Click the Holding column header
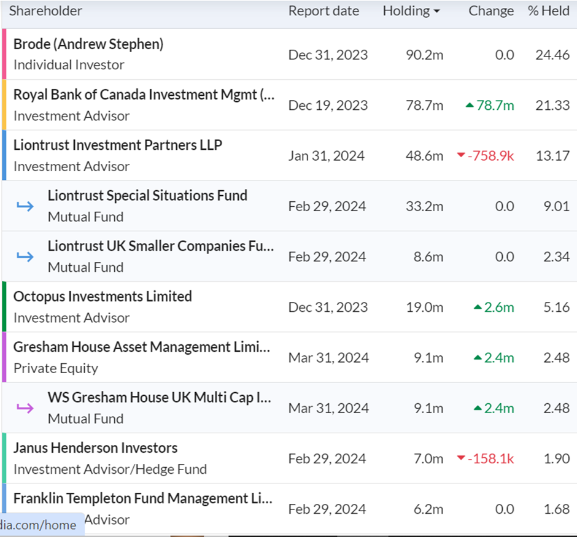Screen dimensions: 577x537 406,11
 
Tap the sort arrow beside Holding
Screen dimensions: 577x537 436,12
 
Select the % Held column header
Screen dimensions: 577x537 548,11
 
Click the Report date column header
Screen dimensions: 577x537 323,11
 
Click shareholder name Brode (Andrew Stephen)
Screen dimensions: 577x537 88,44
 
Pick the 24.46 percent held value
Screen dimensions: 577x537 552,55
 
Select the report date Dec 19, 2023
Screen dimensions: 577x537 328,106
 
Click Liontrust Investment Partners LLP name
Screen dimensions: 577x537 118,145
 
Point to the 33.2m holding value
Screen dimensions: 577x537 425,206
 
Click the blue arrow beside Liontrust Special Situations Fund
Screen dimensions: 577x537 25,206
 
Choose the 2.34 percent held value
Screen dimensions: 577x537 556,257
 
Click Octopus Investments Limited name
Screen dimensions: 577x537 103,296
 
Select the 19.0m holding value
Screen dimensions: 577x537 425,307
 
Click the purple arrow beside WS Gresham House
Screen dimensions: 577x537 25,408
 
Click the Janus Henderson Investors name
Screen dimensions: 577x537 95,448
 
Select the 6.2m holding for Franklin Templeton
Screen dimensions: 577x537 428,509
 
